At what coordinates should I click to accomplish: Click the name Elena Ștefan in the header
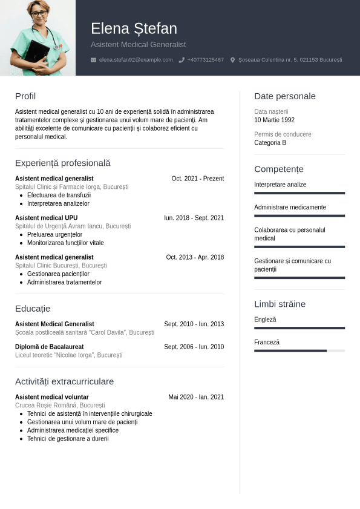[x=134, y=28]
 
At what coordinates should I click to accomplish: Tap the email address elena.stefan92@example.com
[x=136, y=60]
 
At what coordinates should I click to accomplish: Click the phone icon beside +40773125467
[x=182, y=60]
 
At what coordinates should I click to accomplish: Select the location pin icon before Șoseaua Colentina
[x=232, y=60]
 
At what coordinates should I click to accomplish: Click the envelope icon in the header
[x=93, y=60]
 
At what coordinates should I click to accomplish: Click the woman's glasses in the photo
[x=38, y=13]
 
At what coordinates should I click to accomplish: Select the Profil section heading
[x=25, y=96]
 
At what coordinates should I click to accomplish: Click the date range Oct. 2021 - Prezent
[x=197, y=179]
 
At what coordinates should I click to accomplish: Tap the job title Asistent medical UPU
[x=46, y=218]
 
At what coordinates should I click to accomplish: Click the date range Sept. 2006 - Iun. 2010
[x=194, y=347]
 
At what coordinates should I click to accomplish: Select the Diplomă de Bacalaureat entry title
[x=49, y=347]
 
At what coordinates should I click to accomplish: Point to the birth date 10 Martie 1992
[x=274, y=120]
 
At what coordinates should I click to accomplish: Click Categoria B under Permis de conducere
[x=270, y=143]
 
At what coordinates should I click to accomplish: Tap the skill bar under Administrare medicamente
[x=299, y=215]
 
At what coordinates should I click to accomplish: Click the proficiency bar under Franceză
[x=299, y=350]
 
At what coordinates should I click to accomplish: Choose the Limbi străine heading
[x=280, y=304]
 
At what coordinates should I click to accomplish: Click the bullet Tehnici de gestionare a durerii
[x=68, y=439]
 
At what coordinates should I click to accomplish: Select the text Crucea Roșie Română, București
[x=60, y=406]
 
